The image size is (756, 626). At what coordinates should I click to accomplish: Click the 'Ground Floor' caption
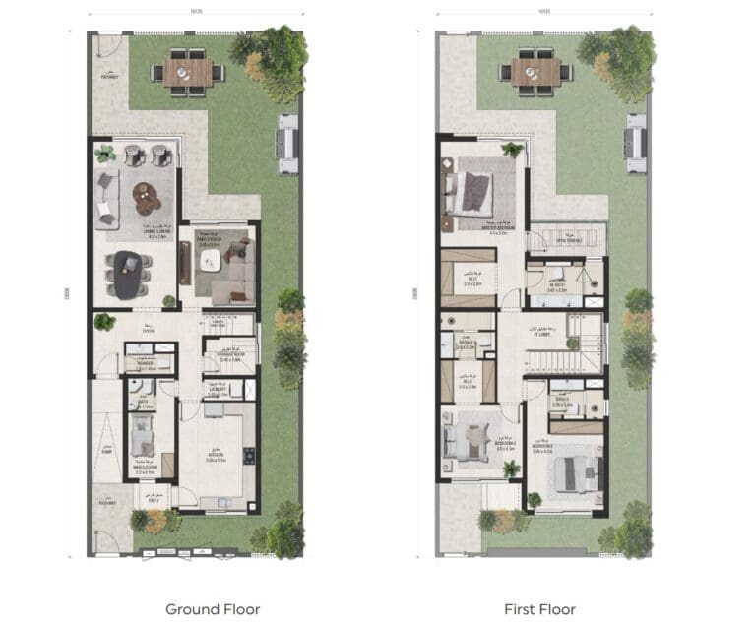click(x=213, y=609)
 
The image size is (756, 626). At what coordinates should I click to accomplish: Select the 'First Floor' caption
click(x=539, y=609)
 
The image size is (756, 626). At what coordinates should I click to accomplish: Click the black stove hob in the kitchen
click(x=248, y=455)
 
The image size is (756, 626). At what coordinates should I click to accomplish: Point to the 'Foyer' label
click(x=149, y=332)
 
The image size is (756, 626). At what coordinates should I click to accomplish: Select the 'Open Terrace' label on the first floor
click(x=569, y=240)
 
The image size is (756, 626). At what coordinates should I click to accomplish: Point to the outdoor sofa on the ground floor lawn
click(x=287, y=144)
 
